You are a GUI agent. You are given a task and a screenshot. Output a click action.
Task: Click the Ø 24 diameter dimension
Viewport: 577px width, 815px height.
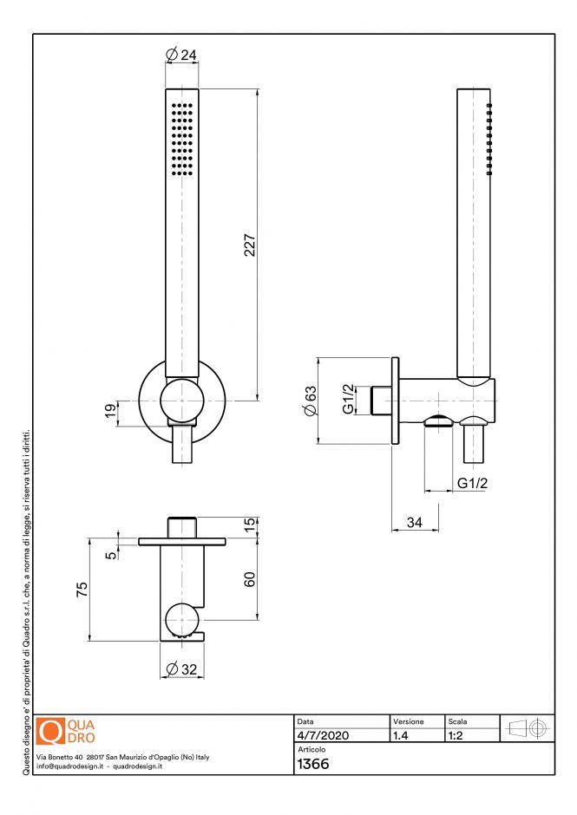coord(181,55)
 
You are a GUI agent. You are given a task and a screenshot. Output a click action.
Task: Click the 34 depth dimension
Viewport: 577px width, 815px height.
coord(414,523)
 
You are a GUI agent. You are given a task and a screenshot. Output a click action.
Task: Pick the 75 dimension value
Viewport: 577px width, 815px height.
coord(82,589)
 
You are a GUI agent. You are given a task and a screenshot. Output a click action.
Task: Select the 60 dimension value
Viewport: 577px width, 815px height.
coord(249,579)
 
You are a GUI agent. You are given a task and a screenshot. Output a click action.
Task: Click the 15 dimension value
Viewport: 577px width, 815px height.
coord(249,525)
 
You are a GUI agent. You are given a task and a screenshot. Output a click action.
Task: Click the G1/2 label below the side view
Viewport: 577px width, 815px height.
coord(472,484)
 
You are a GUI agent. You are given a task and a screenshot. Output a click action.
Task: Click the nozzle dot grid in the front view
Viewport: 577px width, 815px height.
coord(182,140)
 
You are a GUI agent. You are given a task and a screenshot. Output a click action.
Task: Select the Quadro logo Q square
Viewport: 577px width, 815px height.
coord(52,732)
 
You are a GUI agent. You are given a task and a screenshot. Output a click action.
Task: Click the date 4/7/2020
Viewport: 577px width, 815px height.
coord(323,735)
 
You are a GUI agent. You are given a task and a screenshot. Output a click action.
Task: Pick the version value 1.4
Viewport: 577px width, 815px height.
coord(401,735)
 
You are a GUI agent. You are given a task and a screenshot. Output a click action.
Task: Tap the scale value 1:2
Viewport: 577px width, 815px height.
coord(455,735)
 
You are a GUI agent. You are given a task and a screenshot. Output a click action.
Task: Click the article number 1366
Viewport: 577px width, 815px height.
coord(312,764)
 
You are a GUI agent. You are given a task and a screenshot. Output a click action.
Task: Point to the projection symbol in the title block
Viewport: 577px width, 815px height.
coord(528,728)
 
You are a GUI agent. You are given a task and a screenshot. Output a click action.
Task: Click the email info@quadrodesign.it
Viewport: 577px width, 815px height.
coord(71,766)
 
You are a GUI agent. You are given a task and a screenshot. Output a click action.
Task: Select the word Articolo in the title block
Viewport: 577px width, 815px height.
coord(311,749)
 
